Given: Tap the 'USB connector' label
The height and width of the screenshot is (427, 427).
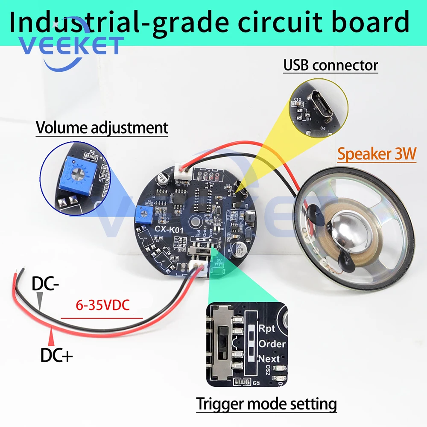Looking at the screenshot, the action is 331,65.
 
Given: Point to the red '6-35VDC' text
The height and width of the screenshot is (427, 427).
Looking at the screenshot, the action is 102,306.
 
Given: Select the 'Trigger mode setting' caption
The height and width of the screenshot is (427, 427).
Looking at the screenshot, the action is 266,404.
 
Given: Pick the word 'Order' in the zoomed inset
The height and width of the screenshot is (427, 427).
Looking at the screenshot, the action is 272,344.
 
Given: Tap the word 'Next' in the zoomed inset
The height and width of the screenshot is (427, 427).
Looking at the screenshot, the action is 269,359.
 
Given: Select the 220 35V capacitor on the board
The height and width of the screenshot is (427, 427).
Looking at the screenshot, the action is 237,249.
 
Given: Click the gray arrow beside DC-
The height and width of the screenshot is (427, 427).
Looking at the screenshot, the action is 40,301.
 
